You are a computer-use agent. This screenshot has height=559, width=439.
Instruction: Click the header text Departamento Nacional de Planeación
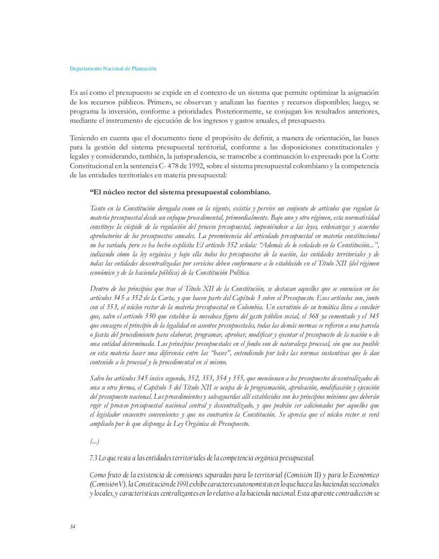point(113,69)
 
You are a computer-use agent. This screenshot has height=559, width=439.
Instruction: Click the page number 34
point(72,527)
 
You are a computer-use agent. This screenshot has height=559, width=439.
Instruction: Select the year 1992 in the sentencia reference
point(195,166)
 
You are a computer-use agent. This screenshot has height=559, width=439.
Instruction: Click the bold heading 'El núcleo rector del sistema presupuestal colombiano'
point(180,192)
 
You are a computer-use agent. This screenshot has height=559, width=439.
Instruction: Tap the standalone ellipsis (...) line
point(94,442)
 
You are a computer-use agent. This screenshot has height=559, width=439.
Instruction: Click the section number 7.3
point(93,458)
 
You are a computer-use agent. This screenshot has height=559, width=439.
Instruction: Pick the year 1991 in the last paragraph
point(183,484)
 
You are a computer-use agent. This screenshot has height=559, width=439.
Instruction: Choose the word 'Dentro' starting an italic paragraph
point(99,289)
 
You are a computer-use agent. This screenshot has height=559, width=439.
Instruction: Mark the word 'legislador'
point(109,414)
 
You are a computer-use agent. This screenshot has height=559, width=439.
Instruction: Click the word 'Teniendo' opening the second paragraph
point(84,138)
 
